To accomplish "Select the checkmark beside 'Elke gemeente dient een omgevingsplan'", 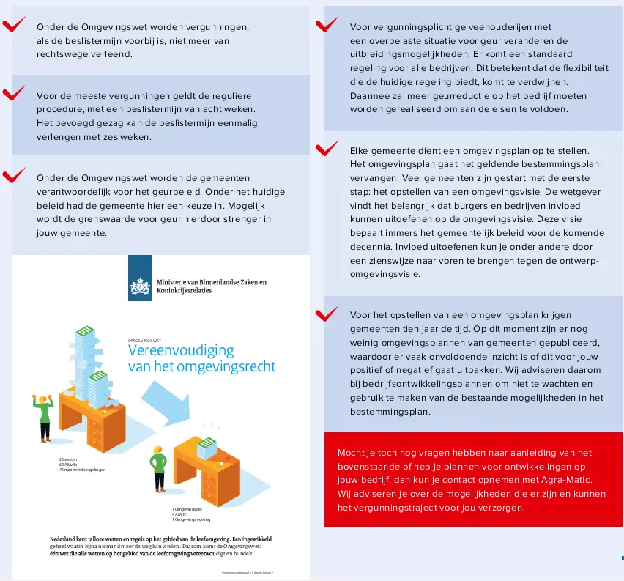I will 327,149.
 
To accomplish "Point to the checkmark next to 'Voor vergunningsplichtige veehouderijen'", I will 327,26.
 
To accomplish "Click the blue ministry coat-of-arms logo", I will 140,278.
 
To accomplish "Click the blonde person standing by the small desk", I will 157,471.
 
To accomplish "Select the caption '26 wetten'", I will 68,459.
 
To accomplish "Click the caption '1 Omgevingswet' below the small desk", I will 187,508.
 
